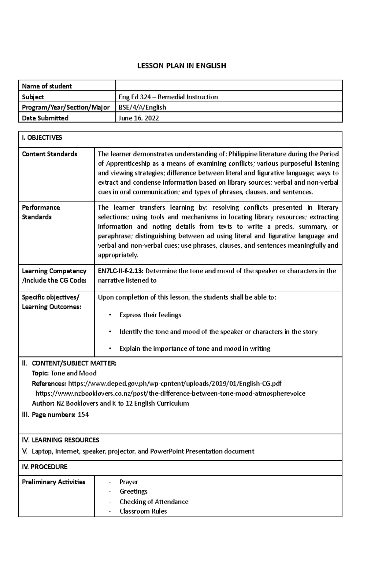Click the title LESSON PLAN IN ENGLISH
pyautogui.click(x=182, y=66)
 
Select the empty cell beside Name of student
pyautogui.click(x=229, y=86)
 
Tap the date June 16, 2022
pyautogui.click(x=139, y=118)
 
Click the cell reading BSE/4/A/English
pyautogui.click(x=142, y=107)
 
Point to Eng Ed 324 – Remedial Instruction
pyautogui.click(x=168, y=97)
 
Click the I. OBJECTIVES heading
pyautogui.click(x=42, y=138)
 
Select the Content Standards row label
pyautogui.click(x=50, y=154)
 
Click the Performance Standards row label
pyautogui.click(x=41, y=212)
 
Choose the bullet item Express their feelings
pyautogui.click(x=150, y=315)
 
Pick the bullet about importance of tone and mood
pyautogui.click(x=195, y=349)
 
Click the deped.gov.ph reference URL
pyautogui.click(x=175, y=383)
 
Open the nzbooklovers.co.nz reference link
pyautogui.click(x=170, y=393)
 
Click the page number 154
pyautogui.click(x=83, y=415)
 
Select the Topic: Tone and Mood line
pyautogui.click(x=64, y=373)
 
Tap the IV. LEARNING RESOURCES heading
pyautogui.click(x=61, y=440)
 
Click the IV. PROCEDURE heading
pyautogui.click(x=45, y=467)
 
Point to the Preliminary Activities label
pyautogui.click(x=54, y=482)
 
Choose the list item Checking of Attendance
pyautogui.click(x=154, y=502)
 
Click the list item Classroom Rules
pyautogui.click(x=143, y=511)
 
